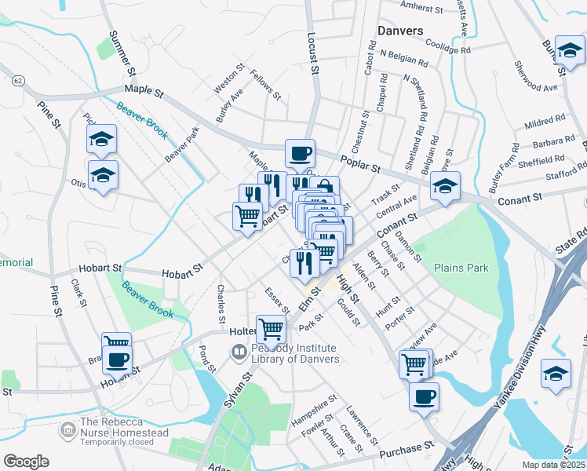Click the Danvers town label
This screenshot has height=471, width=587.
[x=400, y=31]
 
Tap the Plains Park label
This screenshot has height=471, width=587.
[x=461, y=268]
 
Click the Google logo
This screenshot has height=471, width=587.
[x=26, y=461]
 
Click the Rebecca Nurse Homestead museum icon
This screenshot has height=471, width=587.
[x=68, y=428]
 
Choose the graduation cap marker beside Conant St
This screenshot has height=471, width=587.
[x=444, y=187]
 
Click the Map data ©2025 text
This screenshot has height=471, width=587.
[x=553, y=465]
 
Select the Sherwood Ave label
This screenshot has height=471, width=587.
[x=534, y=75]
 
